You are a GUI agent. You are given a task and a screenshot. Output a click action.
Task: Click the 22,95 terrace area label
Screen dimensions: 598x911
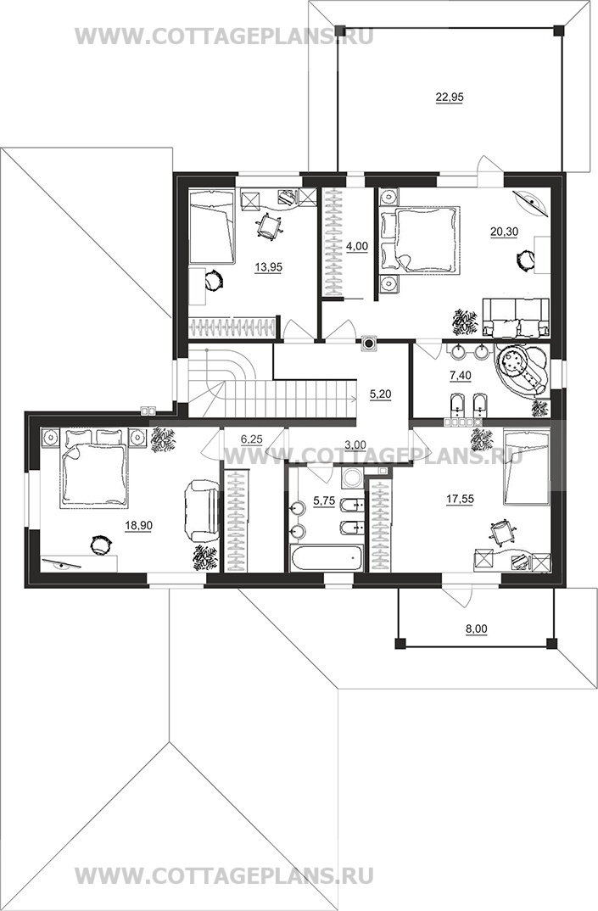450,98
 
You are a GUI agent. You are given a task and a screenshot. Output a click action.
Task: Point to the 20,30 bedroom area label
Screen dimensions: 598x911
504,232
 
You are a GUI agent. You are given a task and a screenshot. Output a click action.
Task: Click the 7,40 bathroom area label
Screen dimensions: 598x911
461,375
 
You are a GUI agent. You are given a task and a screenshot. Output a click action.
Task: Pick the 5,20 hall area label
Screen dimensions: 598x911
381,394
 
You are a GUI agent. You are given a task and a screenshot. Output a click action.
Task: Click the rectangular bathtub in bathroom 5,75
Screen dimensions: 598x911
327,558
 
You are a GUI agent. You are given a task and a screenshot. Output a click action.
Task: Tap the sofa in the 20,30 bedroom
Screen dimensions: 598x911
516,317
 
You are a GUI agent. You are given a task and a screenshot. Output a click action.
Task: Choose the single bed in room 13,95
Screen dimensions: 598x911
212,227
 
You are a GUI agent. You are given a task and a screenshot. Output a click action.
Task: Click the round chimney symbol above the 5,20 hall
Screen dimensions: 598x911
368,343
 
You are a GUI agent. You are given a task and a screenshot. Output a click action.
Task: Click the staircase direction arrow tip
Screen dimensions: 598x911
355,398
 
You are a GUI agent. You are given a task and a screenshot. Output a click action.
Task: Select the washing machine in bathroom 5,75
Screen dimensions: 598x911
352,478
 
